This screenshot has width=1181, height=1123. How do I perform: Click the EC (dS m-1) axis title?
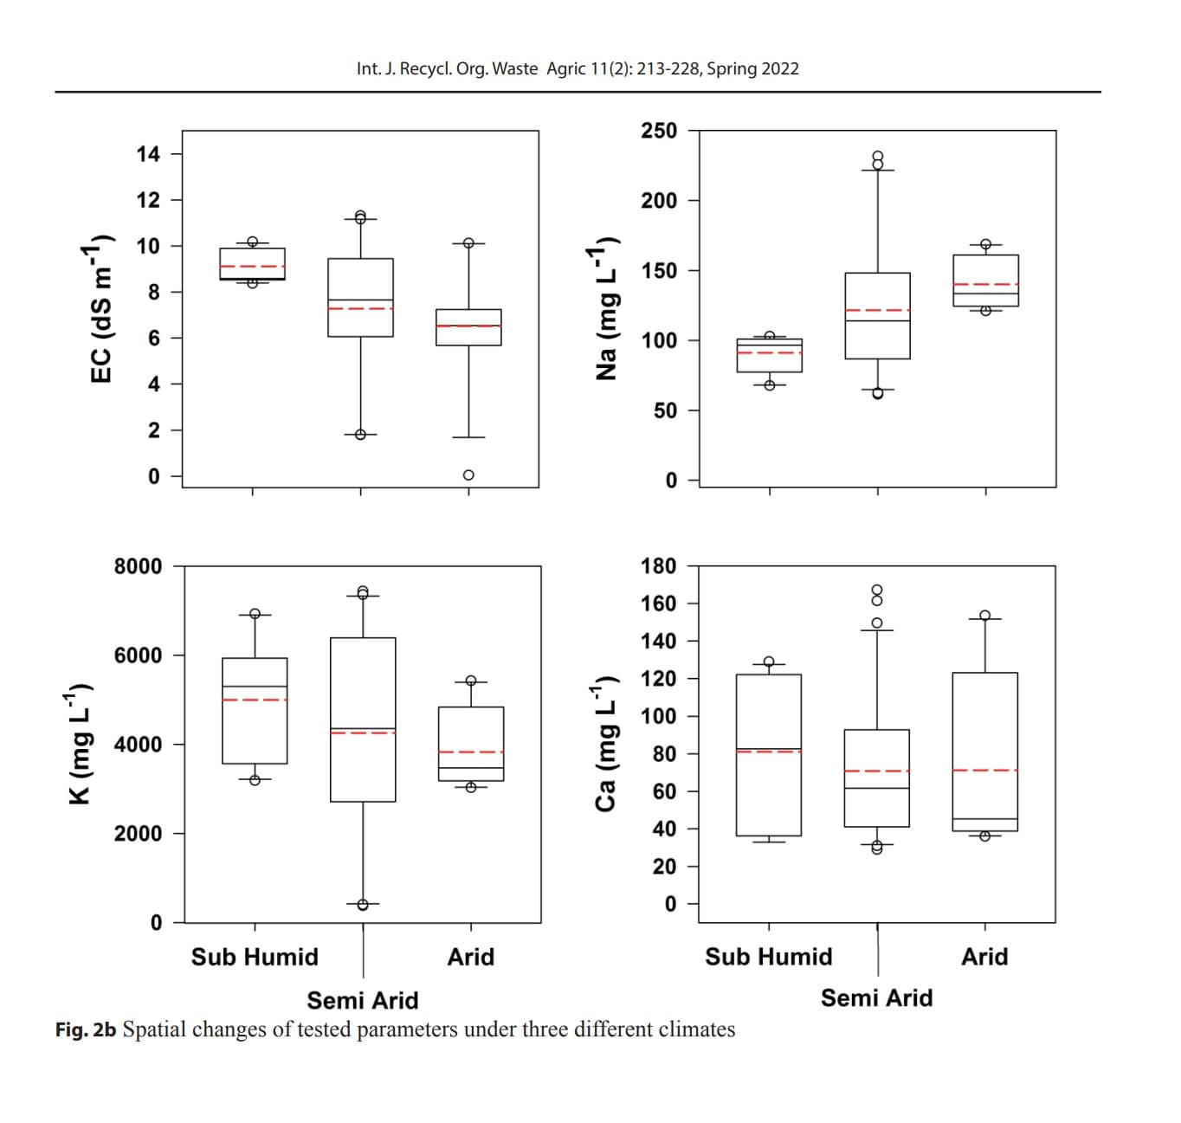(x=101, y=309)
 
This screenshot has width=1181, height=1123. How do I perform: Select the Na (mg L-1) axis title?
(x=606, y=313)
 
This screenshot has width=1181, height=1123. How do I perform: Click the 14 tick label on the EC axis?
(x=148, y=155)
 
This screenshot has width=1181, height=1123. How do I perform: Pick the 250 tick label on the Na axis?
(x=659, y=131)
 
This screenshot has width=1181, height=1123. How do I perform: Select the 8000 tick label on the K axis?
(x=138, y=566)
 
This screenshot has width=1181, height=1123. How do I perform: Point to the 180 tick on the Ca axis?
(x=658, y=566)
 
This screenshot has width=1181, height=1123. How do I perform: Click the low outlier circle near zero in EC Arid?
(x=468, y=474)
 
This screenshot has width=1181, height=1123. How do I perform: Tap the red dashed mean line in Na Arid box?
(x=985, y=284)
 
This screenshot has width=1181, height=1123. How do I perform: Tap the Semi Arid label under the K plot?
(x=363, y=1001)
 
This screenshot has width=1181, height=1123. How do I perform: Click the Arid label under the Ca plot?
(x=984, y=957)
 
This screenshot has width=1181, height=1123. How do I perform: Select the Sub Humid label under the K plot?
(x=255, y=957)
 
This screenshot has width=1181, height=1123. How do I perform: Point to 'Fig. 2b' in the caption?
(x=86, y=1029)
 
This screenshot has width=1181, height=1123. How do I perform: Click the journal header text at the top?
(x=578, y=68)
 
